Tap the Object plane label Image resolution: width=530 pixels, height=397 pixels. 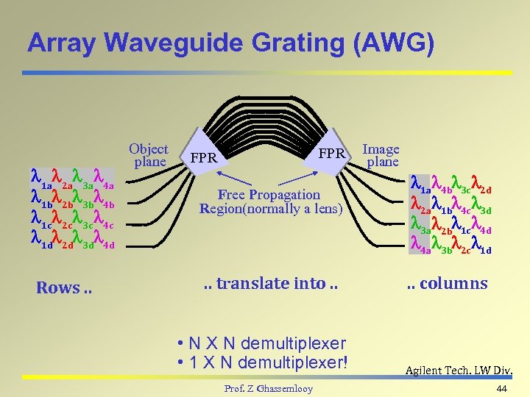pos(149,155)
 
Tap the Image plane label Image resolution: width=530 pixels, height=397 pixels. pos(381,155)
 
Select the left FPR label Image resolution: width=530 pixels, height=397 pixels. pos(203,158)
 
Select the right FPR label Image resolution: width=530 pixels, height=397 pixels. pos(333,154)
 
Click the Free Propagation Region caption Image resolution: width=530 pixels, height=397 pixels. pos(270,201)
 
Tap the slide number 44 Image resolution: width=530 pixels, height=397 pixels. pos(503,387)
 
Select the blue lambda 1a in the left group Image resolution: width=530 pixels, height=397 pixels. pos(40,178)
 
